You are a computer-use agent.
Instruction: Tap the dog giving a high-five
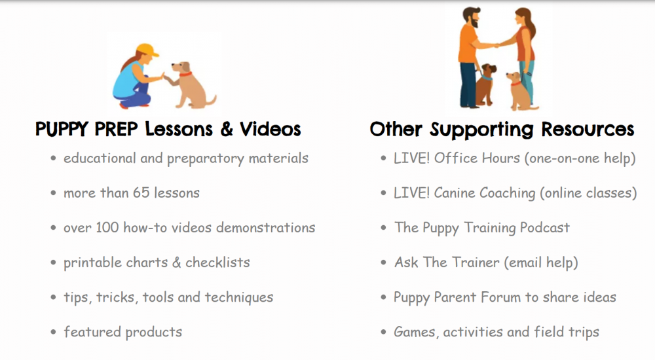click(x=188, y=83)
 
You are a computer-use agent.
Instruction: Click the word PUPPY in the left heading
click(x=63, y=129)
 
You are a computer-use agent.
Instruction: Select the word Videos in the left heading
click(x=270, y=129)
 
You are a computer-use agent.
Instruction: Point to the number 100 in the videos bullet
click(x=107, y=228)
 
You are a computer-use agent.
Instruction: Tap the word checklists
click(x=217, y=262)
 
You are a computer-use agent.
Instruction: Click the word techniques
click(x=239, y=297)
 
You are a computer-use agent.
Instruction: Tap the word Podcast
click(x=544, y=228)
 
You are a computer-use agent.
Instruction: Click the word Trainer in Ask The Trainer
click(x=478, y=262)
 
